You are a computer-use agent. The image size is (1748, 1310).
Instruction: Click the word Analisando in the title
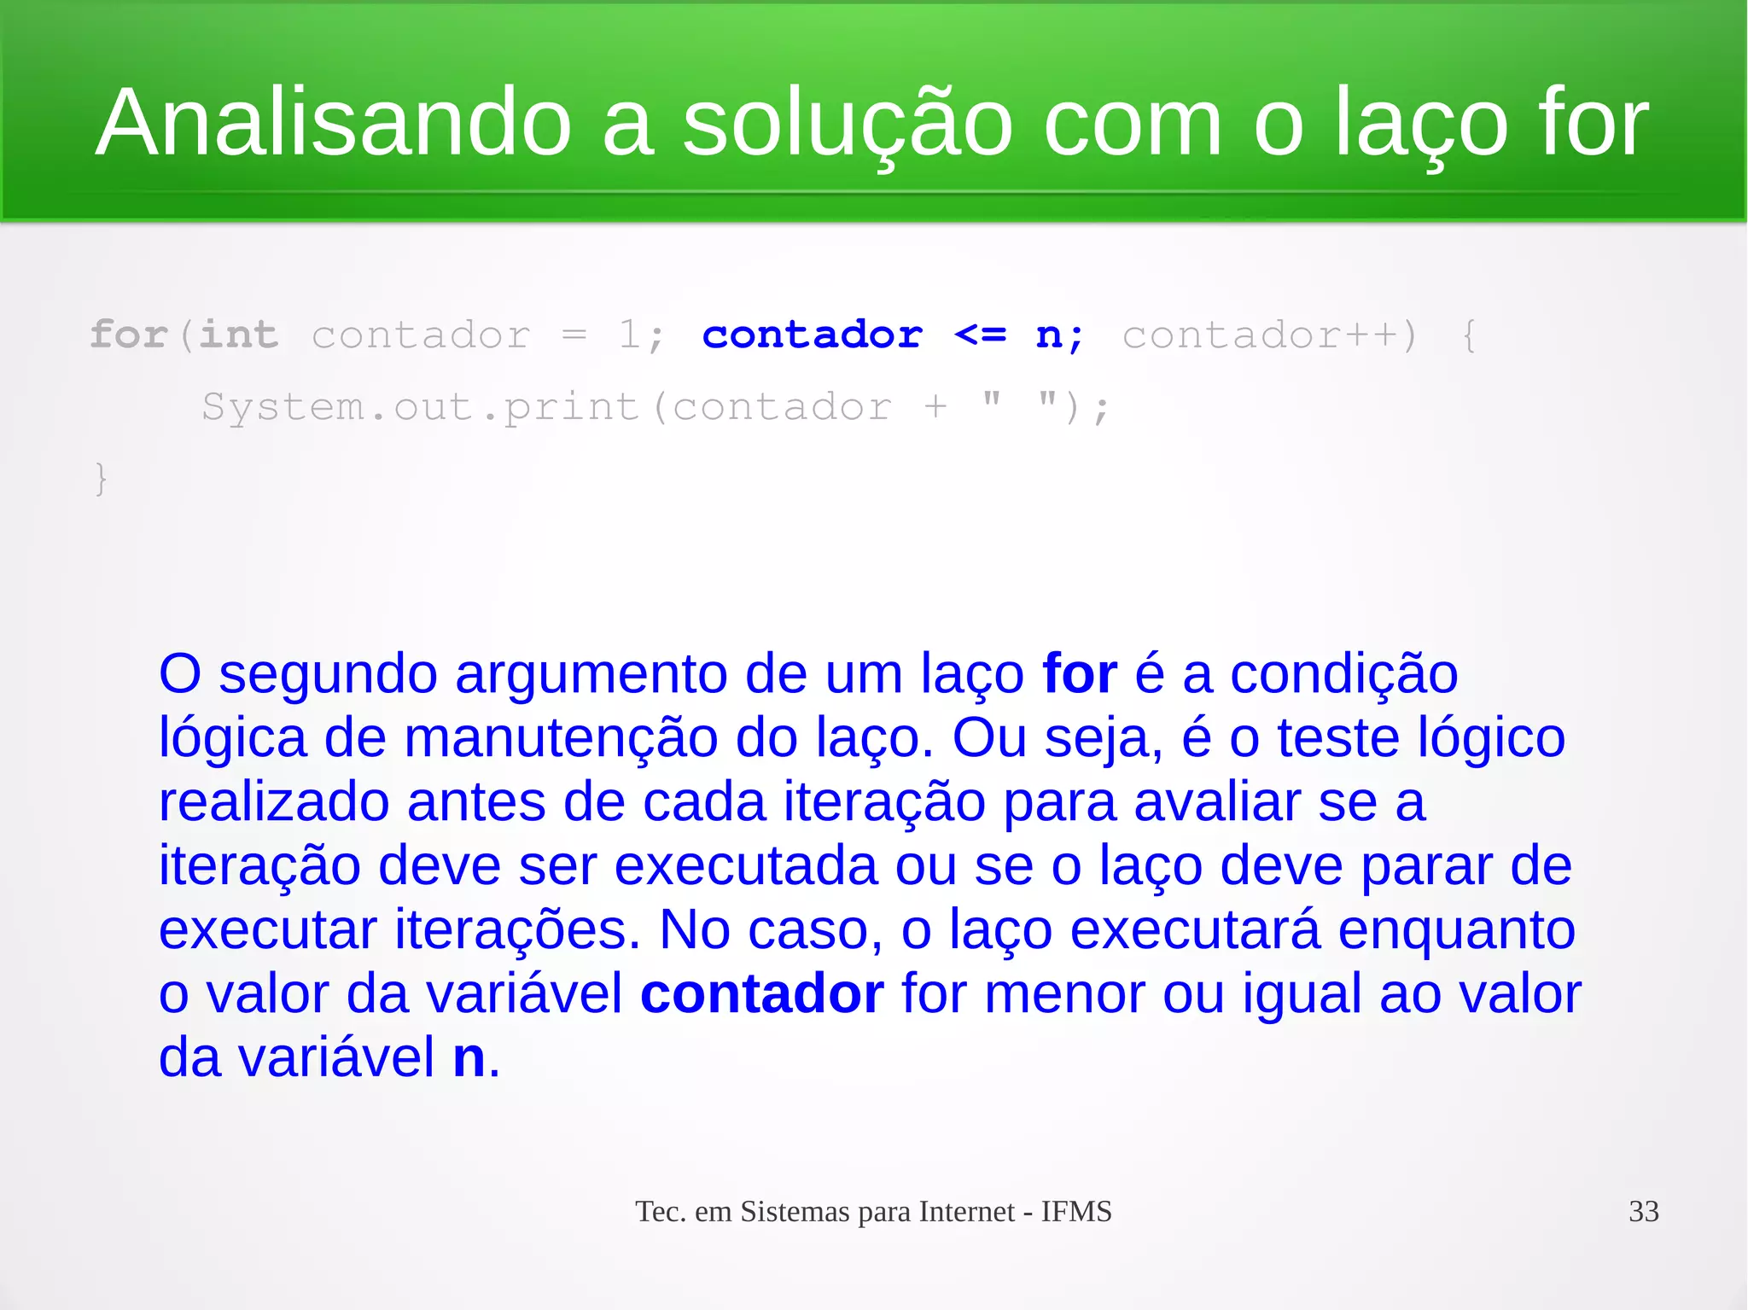[333, 124]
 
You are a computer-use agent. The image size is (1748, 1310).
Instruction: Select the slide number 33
[1643, 1211]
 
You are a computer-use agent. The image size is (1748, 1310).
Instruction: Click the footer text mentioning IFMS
[873, 1211]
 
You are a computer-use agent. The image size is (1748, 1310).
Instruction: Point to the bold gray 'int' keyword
[238, 334]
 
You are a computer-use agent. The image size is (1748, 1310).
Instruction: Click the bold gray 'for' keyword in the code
[128, 334]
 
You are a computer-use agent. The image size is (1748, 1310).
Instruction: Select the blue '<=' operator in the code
[980, 334]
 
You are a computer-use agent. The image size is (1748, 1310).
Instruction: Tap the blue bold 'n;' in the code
[1059, 335]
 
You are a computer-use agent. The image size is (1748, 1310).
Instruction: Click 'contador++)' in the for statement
[1269, 335]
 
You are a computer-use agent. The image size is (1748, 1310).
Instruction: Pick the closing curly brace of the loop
[101, 479]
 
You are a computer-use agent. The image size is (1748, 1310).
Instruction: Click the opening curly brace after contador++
[1468, 335]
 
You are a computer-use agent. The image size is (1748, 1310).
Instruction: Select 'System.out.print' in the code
[420, 407]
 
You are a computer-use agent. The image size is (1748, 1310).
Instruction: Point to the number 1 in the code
[629, 334]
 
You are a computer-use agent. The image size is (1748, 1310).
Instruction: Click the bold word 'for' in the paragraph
[1080, 674]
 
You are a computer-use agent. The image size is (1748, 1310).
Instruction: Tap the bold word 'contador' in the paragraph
[761, 994]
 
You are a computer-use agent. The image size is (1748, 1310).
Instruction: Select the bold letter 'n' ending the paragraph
[469, 1058]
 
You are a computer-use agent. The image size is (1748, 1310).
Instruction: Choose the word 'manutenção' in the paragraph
[561, 738]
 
